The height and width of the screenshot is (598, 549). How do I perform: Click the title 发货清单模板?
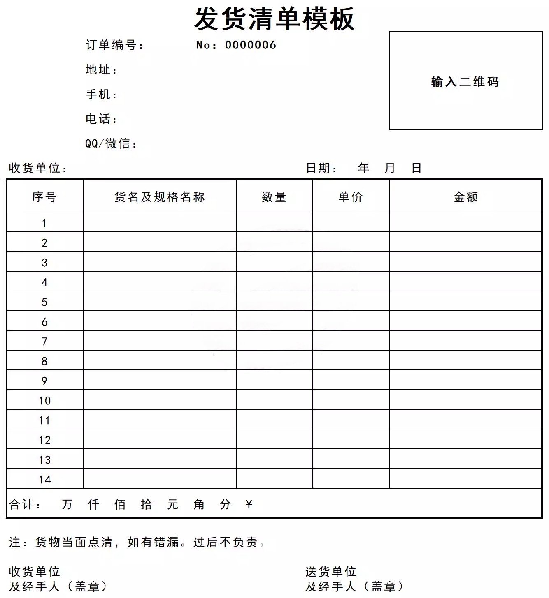pos(274,19)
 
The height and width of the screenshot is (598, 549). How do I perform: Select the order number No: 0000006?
pos(236,45)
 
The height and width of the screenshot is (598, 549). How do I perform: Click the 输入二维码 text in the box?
pos(465,82)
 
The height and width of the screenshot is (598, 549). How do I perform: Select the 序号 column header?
pos(44,197)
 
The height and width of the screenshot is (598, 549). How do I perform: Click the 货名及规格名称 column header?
pos(160,197)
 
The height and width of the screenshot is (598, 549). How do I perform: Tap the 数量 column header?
pos(274,197)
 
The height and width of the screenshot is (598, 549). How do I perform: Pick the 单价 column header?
pos(351,197)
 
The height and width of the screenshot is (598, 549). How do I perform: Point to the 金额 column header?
pos(465,197)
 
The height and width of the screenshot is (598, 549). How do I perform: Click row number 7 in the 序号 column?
pos(44,341)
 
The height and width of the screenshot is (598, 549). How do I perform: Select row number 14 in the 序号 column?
pos(44,479)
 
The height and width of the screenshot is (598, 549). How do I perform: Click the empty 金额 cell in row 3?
pos(465,262)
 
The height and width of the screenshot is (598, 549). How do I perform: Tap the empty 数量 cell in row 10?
pos(274,400)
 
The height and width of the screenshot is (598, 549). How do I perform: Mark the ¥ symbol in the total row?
pos(249,504)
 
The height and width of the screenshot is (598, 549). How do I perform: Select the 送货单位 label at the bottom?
pos(330,571)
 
